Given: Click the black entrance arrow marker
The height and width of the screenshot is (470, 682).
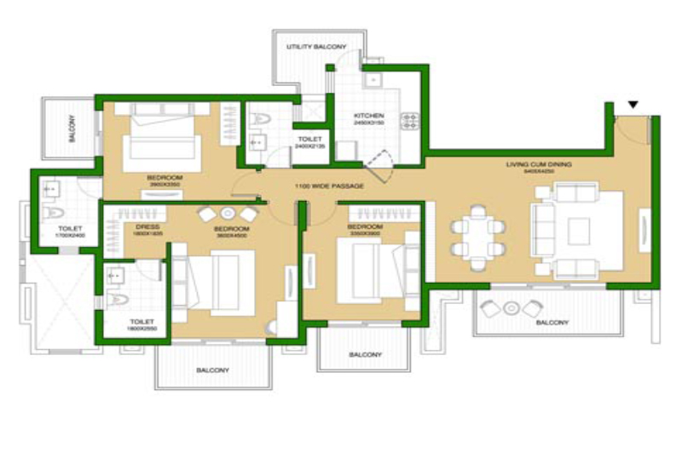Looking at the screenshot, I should (633, 105).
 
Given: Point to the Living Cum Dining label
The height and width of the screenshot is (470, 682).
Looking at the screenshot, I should (536, 165).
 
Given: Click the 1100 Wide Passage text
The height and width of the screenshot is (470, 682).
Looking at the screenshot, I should (330, 186).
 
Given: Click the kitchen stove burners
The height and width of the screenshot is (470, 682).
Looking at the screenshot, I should (407, 120).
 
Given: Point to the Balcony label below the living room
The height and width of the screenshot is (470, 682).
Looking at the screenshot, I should (552, 323).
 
